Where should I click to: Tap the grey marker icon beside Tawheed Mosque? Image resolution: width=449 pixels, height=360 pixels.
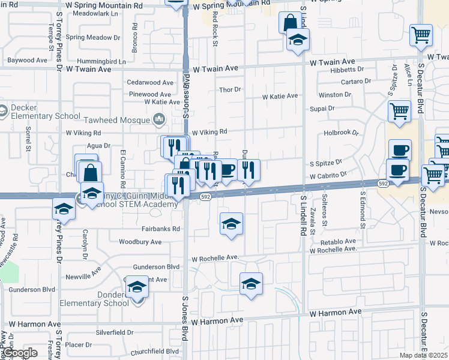tap(159, 120)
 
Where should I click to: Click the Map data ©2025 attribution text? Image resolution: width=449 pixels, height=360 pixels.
tap(423, 355)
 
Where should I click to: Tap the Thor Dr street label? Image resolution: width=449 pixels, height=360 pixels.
tap(230, 89)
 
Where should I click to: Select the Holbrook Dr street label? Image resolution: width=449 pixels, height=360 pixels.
tap(340, 133)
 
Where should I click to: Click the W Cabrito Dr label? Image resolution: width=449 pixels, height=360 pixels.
tap(328, 176)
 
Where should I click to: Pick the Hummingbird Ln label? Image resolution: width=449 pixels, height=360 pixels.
tap(106, 61)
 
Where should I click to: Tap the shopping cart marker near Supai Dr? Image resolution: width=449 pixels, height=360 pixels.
tap(399, 111)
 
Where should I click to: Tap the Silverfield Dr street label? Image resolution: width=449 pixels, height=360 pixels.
tap(115, 331)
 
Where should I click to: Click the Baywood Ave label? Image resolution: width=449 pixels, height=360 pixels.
tap(27, 60)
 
